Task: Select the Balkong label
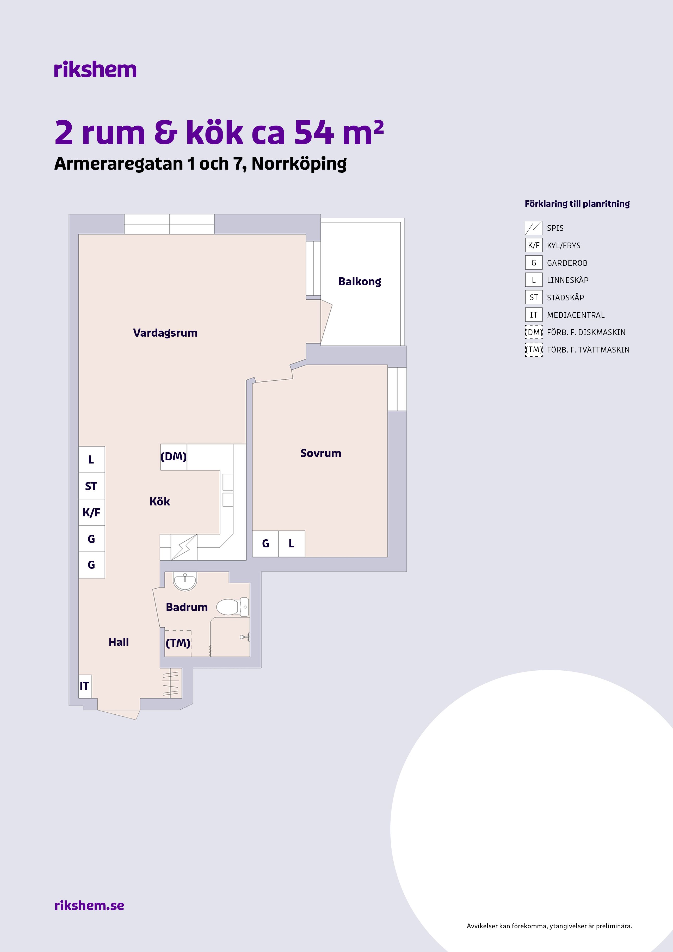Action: tap(360, 282)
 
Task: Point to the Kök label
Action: tap(160, 502)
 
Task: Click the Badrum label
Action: tap(187, 607)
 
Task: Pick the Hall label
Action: tap(119, 642)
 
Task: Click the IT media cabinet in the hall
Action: tap(85, 686)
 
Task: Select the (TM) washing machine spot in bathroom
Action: tap(178, 643)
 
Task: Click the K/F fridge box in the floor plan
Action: tap(92, 512)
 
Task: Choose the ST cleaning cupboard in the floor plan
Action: tap(92, 486)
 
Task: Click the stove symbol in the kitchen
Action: tap(184, 547)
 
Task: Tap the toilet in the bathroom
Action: tap(233, 607)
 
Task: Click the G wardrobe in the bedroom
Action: tap(266, 543)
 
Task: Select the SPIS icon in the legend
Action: tap(534, 228)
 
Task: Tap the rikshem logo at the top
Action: tap(95, 70)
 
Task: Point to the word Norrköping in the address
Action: tap(299, 164)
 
